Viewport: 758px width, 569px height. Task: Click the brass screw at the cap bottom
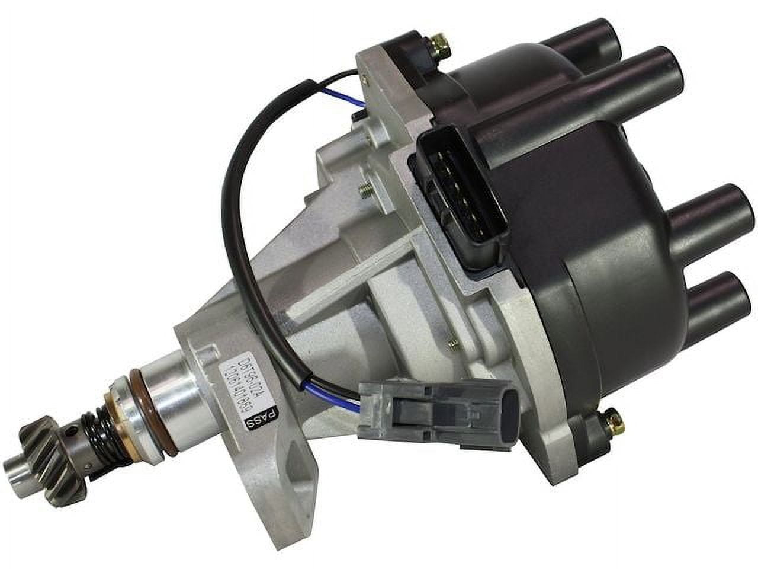(x=609, y=422)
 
